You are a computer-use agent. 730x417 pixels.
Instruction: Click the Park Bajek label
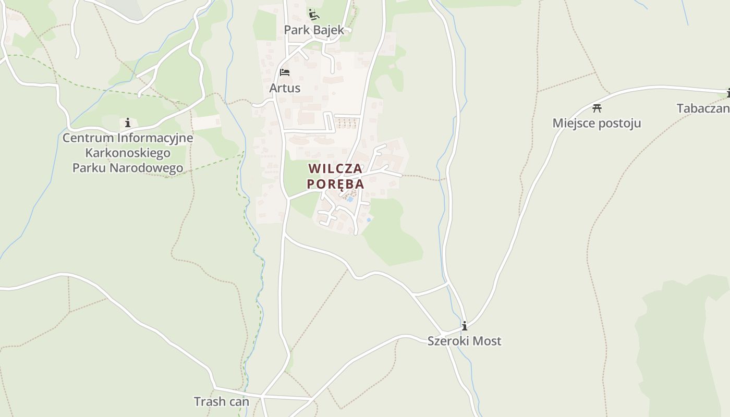tap(314, 30)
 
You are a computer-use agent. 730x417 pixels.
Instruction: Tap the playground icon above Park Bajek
tap(313, 15)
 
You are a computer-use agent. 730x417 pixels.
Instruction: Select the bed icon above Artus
tap(285, 72)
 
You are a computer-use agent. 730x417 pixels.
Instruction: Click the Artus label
tap(285, 88)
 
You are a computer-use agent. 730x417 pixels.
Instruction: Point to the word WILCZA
tap(335, 169)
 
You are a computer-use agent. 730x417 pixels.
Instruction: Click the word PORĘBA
tap(335, 184)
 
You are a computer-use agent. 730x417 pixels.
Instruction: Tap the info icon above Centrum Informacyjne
tap(128, 123)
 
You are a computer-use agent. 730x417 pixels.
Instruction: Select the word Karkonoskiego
tap(128, 153)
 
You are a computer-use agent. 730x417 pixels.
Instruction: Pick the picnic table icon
tap(597, 108)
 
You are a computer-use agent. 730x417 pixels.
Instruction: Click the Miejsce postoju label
tap(597, 124)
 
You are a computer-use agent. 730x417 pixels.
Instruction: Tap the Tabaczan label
tap(703, 108)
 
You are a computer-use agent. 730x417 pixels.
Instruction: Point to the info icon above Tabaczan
tap(728, 93)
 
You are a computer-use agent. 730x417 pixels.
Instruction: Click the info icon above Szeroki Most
tap(465, 326)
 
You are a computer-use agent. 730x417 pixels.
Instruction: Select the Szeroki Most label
tap(465, 341)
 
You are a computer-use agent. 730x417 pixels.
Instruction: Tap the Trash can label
tap(222, 402)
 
